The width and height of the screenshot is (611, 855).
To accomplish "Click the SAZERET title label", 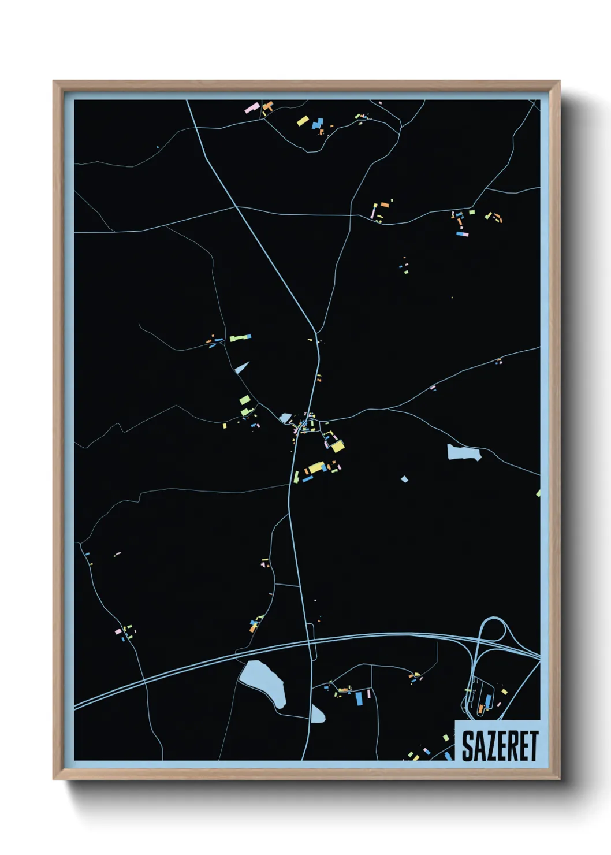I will click(500, 745).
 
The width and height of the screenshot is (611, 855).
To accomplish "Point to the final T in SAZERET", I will click(533, 746).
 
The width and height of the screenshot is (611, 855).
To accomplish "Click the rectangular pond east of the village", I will click(463, 452).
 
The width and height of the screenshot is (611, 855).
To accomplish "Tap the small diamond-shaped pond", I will click(404, 478).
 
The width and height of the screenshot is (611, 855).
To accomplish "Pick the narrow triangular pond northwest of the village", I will click(242, 367).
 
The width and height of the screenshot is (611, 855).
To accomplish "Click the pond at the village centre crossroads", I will click(285, 418).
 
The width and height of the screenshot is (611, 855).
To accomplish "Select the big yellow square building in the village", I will click(337, 446).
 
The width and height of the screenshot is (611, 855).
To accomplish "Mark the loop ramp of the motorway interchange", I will click(493, 631).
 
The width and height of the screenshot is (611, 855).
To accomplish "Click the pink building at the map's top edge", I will click(252, 108).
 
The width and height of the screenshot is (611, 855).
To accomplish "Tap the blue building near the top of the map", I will click(317, 123).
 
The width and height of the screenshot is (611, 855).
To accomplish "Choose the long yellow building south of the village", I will click(315, 467).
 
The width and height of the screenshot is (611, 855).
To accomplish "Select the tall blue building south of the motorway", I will click(359, 698).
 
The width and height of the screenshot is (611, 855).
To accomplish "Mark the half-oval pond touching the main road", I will click(317, 714).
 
